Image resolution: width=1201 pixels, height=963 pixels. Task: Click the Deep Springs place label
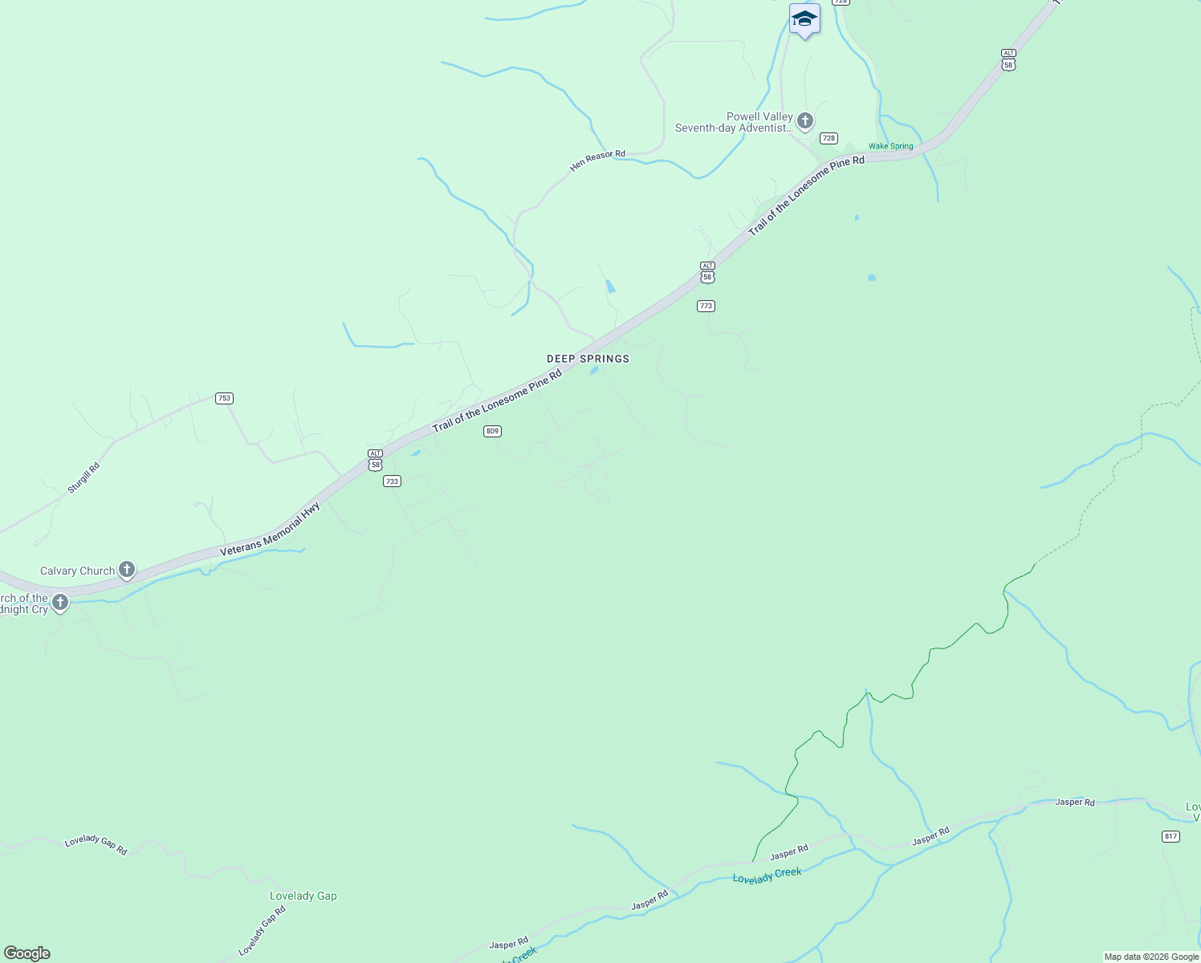[588, 359]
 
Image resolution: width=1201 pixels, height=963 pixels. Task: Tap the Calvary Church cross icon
[126, 570]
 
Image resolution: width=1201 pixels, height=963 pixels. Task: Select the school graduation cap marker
[804, 19]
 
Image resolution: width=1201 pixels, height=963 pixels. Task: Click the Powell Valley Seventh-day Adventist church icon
[804, 121]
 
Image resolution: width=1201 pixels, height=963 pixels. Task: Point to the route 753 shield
[224, 398]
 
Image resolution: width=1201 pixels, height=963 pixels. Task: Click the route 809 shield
[492, 431]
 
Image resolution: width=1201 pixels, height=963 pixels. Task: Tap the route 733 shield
[392, 481]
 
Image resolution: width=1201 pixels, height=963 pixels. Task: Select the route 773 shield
[706, 306]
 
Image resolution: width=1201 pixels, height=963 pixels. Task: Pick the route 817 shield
[1170, 836]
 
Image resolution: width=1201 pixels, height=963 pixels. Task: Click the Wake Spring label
[890, 146]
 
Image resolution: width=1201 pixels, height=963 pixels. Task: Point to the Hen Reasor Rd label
[597, 160]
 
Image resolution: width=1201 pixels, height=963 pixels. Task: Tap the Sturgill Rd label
[83, 477]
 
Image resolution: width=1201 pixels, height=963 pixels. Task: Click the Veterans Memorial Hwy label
[271, 529]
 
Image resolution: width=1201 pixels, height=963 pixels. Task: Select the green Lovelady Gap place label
[303, 896]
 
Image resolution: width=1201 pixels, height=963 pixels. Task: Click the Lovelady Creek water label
[767, 875]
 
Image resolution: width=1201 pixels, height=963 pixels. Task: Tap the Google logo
[26, 953]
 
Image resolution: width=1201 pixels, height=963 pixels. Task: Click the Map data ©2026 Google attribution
[1151, 957]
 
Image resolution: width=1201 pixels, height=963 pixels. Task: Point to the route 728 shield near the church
[828, 138]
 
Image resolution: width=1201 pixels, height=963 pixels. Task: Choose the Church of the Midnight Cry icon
[60, 602]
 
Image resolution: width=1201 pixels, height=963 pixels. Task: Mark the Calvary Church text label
[77, 571]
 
